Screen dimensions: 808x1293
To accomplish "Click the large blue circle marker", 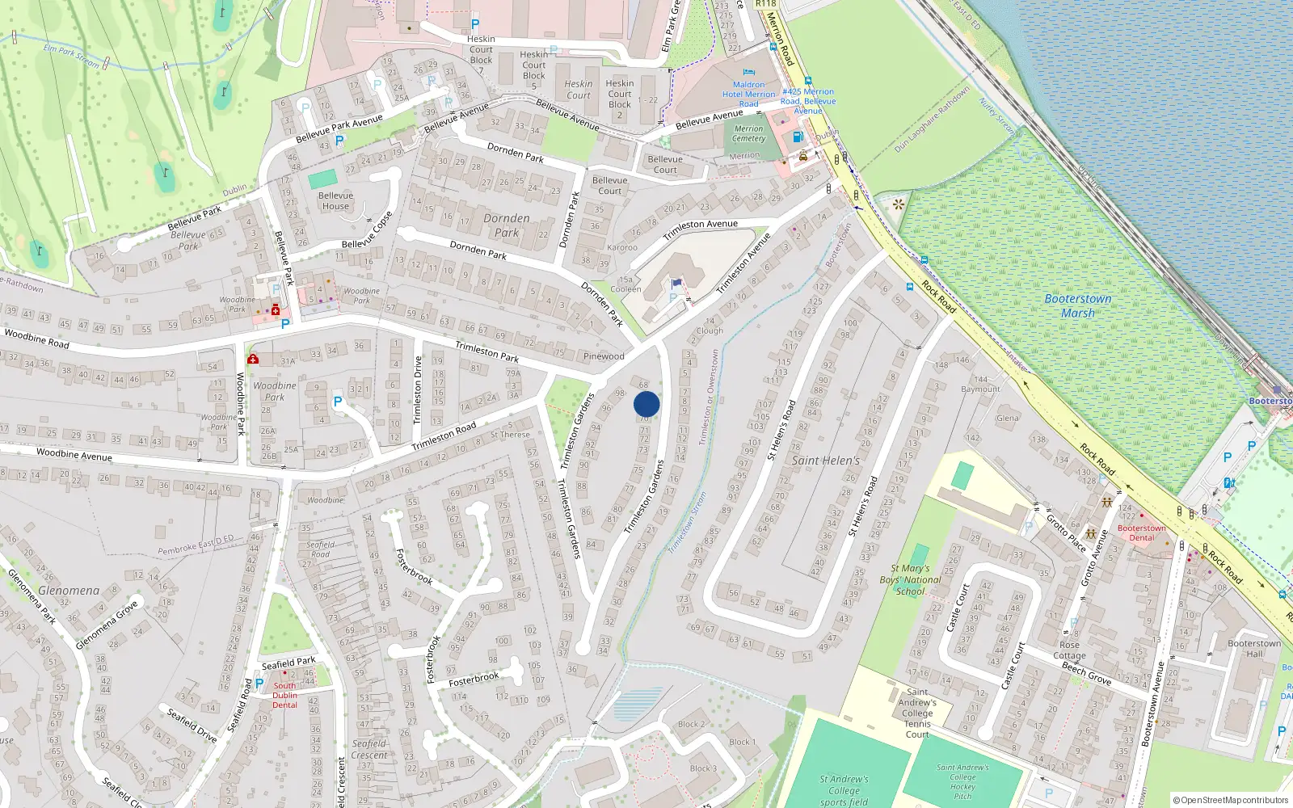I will click(646, 404).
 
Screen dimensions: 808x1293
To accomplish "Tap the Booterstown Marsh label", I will click(1078, 305).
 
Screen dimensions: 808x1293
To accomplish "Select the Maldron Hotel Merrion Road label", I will click(748, 94).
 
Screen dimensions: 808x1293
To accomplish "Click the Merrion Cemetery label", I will click(748, 133).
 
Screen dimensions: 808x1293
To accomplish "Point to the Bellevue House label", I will click(335, 200).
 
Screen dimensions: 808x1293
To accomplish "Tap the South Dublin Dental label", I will click(284, 695).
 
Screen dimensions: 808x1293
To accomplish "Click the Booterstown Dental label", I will click(1141, 532).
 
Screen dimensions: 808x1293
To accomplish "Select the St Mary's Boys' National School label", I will click(911, 579).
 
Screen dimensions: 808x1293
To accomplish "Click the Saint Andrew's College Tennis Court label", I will click(917, 713).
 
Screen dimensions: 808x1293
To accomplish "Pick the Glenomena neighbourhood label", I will click(69, 591).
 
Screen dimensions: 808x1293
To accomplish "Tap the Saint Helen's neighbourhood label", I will click(825, 461).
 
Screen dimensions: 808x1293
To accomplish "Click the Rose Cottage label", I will click(1069, 650).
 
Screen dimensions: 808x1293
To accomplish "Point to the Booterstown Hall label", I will click(1253, 648).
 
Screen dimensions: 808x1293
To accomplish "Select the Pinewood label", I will click(604, 356).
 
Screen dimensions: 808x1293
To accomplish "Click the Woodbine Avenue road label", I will click(74, 455).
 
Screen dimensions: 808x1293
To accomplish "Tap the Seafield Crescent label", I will click(369, 749).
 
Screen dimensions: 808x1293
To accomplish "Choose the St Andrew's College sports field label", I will click(844, 790).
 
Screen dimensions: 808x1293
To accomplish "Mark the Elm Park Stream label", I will click(71, 56).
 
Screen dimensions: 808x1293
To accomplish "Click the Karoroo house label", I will click(622, 247).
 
